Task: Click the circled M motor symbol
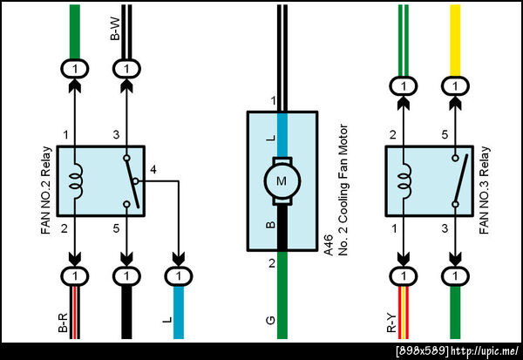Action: (281, 181)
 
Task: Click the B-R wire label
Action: (63, 323)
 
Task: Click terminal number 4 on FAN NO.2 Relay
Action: (153, 169)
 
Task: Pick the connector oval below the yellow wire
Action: (454, 85)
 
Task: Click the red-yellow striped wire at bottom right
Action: (403, 318)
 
